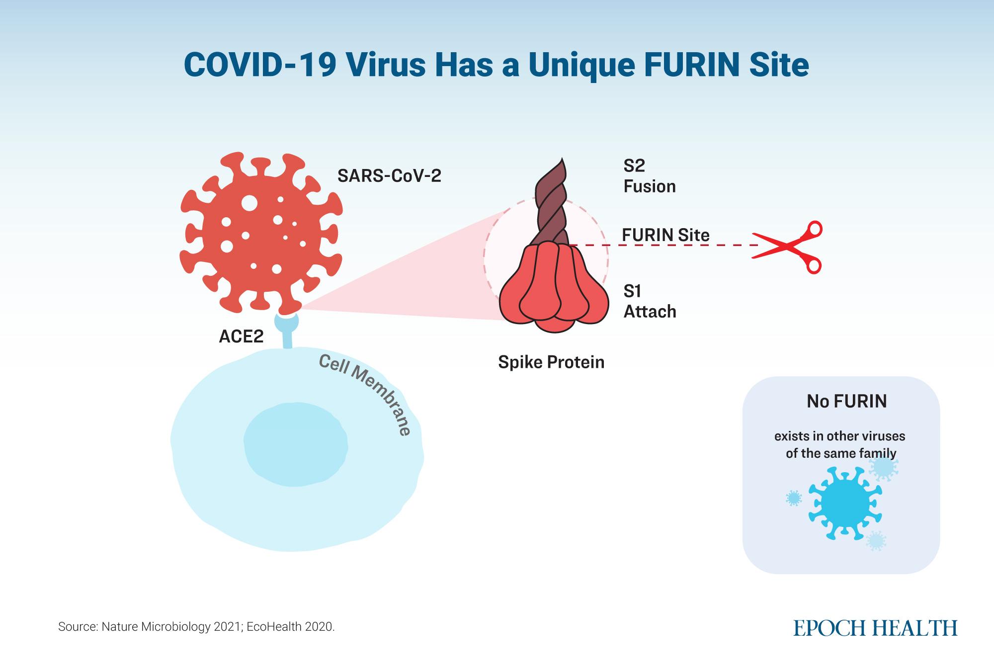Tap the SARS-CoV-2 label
tap(389, 175)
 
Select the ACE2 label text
tap(241, 336)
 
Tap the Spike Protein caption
tap(551, 362)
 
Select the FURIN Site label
tap(665, 235)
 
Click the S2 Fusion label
tap(649, 176)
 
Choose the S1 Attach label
tap(650, 301)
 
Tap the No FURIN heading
tap(846, 401)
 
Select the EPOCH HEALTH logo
tap(875, 628)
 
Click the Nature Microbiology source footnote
tap(196, 627)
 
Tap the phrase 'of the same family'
tap(840, 453)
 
